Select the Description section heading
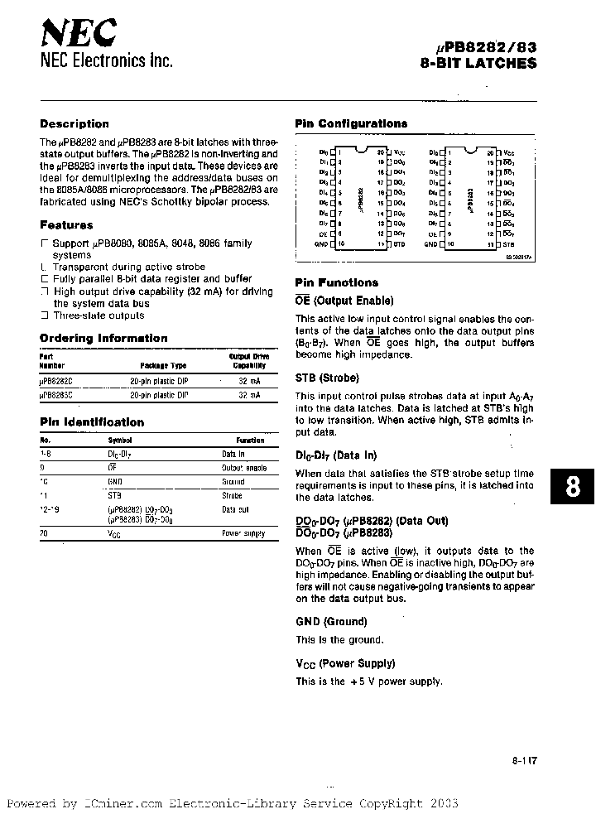pos(74,123)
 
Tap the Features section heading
pos(66,224)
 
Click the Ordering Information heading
pos(103,338)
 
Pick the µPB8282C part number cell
pos(56,380)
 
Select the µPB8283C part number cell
pos(56,396)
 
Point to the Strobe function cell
pos(232,495)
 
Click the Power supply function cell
pos(243,533)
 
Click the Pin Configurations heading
pos(351,123)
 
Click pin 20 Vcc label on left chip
pos(399,153)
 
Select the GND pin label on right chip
pos(430,244)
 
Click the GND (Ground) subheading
pos(330,621)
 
